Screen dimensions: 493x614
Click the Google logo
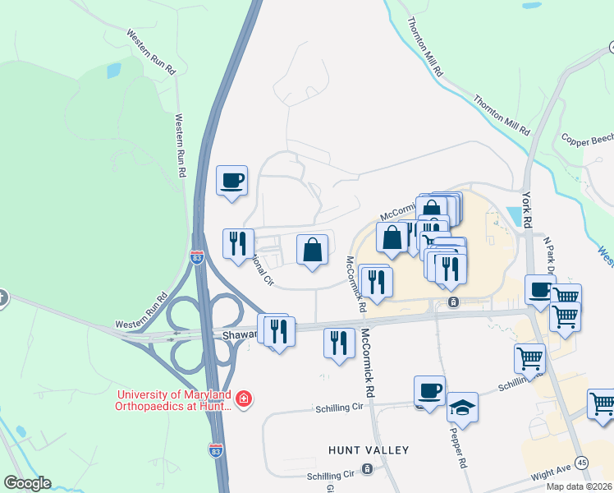pyautogui.click(x=27, y=483)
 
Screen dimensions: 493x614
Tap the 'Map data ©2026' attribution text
pyautogui.click(x=579, y=486)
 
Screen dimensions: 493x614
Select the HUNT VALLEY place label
pyautogui.click(x=368, y=450)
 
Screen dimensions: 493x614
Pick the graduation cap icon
pyautogui.click(x=463, y=408)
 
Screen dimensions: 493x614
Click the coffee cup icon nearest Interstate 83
pyautogui.click(x=231, y=179)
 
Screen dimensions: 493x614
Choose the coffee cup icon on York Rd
pyautogui.click(x=540, y=290)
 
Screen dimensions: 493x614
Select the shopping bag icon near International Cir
pyautogui.click(x=312, y=249)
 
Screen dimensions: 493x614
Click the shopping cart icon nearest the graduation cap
pyautogui.click(x=529, y=357)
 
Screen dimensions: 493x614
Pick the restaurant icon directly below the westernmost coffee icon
pyautogui.click(x=238, y=244)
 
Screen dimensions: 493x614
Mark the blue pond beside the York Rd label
pyautogui.click(x=515, y=216)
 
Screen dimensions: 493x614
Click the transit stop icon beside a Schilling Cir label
pyautogui.click(x=366, y=469)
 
